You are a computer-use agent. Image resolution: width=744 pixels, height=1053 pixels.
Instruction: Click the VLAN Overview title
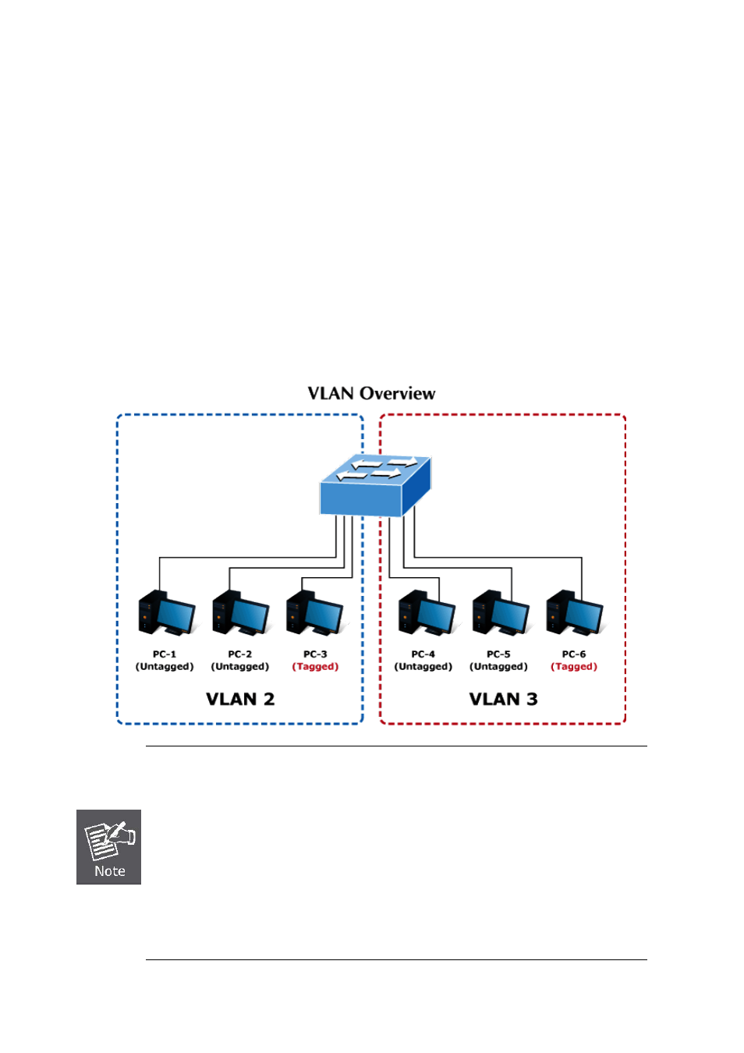click(x=371, y=393)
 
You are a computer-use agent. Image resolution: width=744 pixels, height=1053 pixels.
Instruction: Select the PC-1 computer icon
click(x=166, y=613)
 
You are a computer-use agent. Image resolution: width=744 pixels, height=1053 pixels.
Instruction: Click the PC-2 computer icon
click(x=240, y=613)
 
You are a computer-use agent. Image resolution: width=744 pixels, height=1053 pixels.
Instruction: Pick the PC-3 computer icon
click(x=314, y=613)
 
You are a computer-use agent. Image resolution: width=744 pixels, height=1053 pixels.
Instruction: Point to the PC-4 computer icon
click(x=426, y=613)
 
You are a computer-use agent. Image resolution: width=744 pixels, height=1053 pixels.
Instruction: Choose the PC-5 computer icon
click(x=500, y=613)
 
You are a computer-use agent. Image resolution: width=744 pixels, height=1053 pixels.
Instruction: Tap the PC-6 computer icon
click(x=574, y=613)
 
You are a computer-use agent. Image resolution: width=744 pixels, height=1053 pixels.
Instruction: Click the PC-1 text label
click(x=165, y=654)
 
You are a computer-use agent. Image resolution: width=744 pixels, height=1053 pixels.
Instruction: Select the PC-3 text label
click(x=315, y=654)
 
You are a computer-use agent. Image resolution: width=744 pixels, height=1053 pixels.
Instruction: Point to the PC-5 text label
click(x=498, y=654)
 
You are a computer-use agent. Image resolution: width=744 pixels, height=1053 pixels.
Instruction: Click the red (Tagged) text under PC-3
click(x=315, y=667)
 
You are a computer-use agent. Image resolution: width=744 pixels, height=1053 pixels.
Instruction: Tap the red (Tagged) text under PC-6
click(x=574, y=667)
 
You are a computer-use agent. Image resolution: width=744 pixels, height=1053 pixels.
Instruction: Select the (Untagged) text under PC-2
click(x=240, y=667)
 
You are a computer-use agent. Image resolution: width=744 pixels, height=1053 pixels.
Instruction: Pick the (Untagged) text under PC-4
click(x=423, y=667)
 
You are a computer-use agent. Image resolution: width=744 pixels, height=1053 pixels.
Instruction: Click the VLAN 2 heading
click(x=240, y=699)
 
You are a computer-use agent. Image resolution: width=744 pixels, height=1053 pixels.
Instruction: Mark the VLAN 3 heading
click(x=503, y=699)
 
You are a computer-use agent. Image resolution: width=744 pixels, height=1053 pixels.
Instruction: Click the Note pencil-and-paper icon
click(x=109, y=839)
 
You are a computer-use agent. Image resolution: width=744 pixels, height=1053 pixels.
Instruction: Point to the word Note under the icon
click(x=109, y=871)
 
